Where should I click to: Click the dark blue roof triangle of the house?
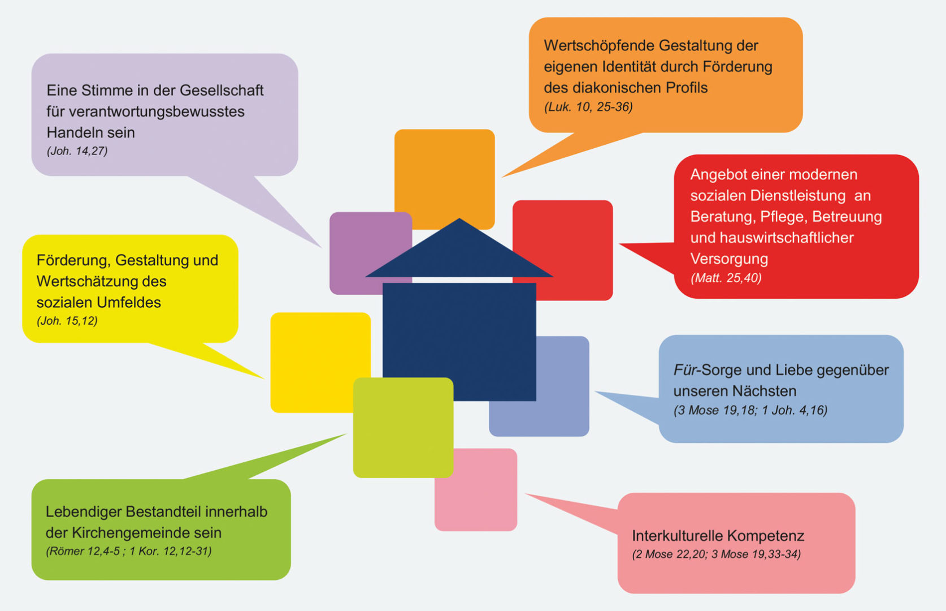(x=459, y=255)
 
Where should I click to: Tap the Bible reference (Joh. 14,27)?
(x=77, y=151)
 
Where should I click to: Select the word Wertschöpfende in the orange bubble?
(x=597, y=46)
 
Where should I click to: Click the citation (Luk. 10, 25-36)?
(x=588, y=107)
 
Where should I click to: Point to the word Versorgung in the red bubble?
(x=729, y=259)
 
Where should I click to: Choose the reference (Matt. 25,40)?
(x=726, y=278)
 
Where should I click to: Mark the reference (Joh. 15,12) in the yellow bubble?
(x=67, y=321)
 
